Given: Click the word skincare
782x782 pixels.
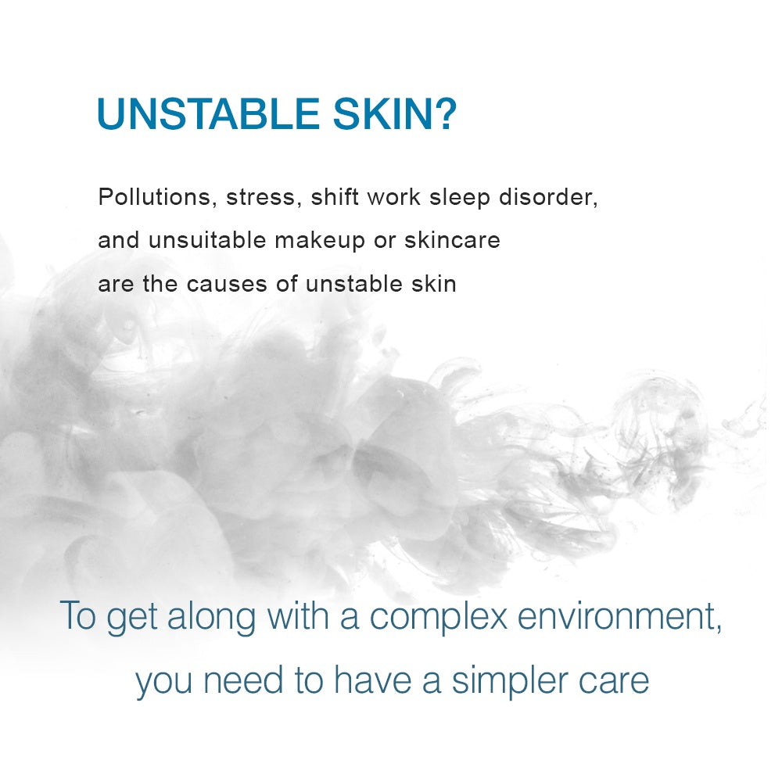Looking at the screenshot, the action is (x=452, y=240).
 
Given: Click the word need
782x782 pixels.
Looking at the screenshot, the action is (x=243, y=680).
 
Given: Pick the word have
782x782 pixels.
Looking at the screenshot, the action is (x=373, y=680).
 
